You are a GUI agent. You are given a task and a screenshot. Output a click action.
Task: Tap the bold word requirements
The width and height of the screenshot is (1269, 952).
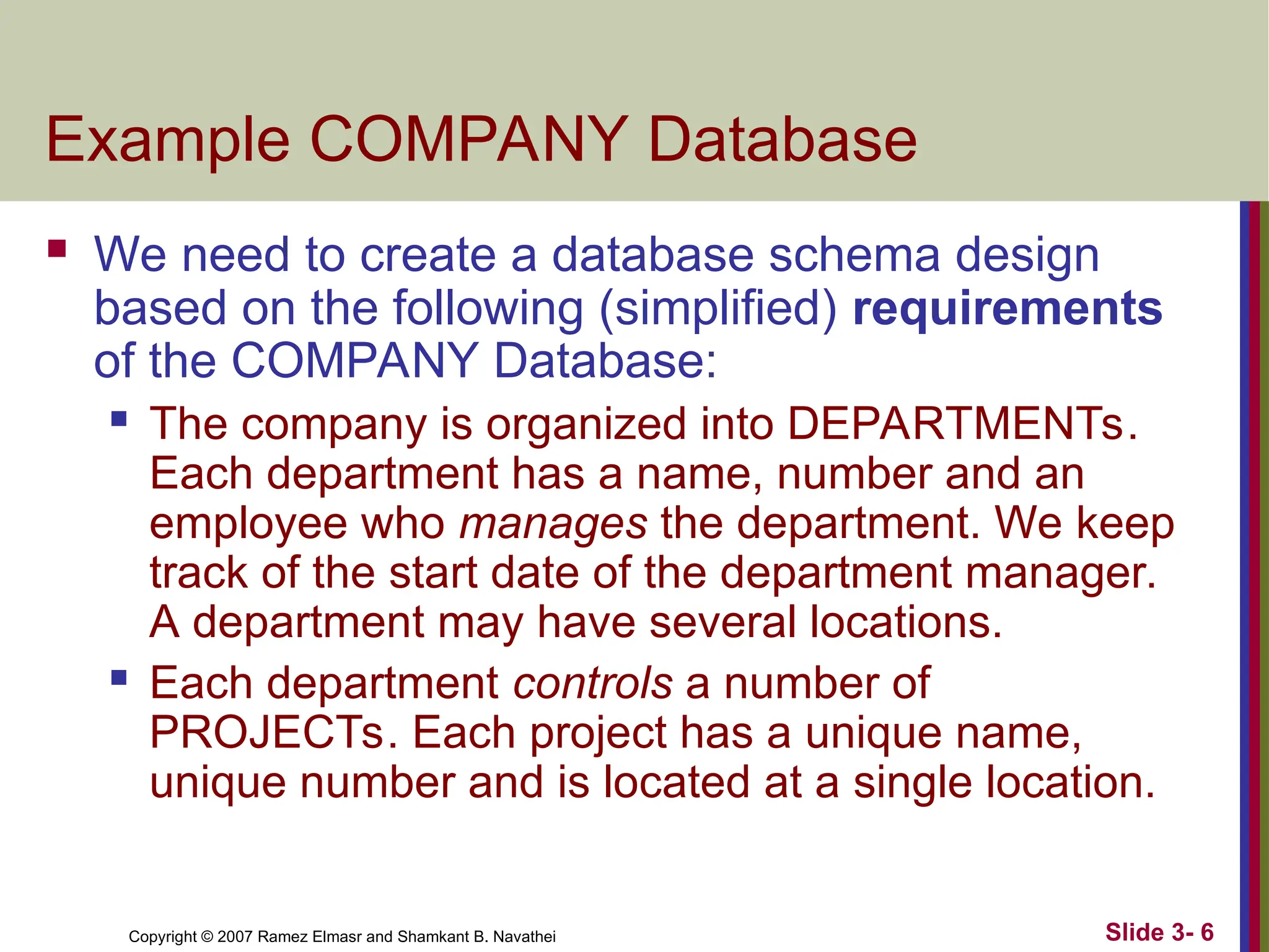pyautogui.click(x=1008, y=308)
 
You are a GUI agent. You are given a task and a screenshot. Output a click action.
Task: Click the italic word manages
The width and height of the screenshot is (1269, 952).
pyautogui.click(x=553, y=524)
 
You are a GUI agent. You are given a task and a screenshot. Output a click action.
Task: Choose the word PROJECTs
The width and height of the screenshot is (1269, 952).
pyautogui.click(x=268, y=733)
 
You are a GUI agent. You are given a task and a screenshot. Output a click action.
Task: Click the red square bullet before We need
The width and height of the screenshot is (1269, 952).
pyautogui.click(x=57, y=249)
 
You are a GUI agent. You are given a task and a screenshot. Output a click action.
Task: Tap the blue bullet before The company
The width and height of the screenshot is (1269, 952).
pyautogui.click(x=119, y=419)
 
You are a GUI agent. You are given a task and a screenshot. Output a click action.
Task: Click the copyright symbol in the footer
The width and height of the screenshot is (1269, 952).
pyautogui.click(x=207, y=937)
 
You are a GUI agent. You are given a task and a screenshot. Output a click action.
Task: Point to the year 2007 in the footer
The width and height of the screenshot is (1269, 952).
pyautogui.click(x=235, y=937)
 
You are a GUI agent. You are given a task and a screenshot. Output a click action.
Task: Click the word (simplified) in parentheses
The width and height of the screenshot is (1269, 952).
pyautogui.click(x=719, y=308)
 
